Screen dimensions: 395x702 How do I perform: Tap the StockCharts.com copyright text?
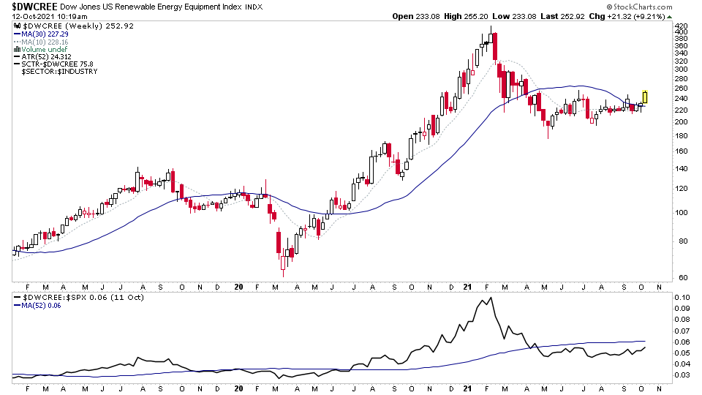(x=650, y=7)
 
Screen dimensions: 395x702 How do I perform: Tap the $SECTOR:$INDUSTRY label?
(x=59, y=71)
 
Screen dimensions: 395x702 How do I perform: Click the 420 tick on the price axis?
(x=682, y=25)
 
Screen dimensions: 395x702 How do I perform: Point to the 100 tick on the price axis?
(x=682, y=213)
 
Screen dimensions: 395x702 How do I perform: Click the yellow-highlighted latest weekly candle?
(x=645, y=97)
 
